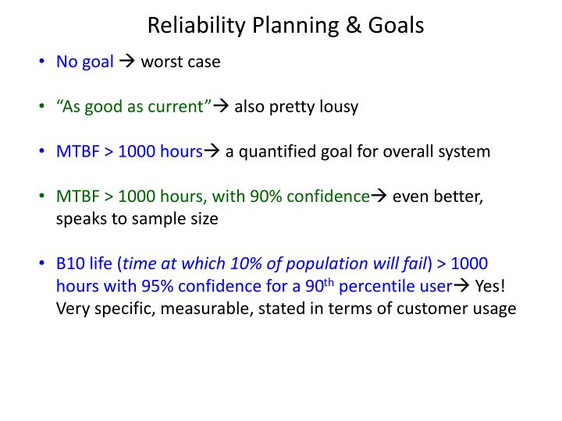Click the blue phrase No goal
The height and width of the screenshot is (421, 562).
tap(85, 62)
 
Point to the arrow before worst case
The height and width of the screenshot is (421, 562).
tap(127, 62)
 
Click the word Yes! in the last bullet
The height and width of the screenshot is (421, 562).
tap(489, 286)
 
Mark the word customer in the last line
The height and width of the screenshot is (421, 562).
tap(432, 309)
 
